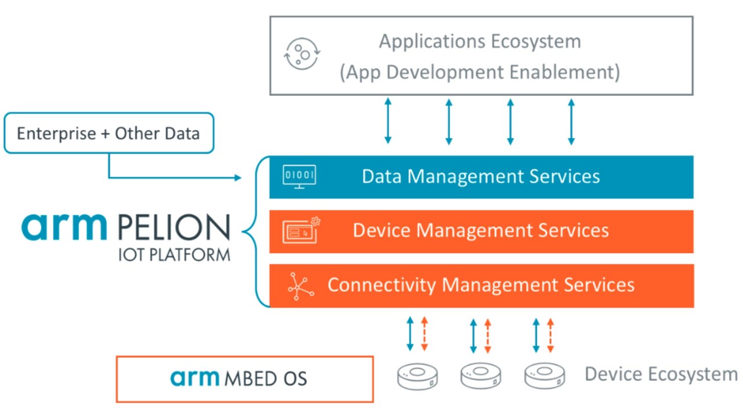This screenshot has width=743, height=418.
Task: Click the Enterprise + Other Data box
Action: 109,133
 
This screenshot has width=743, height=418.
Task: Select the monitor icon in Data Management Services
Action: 299,176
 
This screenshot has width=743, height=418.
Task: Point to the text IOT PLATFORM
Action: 174,255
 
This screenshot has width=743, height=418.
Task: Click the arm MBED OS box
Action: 244,379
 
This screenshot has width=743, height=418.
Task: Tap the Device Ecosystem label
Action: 661,374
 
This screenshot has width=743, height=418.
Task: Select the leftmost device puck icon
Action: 417,376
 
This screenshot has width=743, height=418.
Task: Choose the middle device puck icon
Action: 480,376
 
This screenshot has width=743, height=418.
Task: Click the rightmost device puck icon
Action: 544,376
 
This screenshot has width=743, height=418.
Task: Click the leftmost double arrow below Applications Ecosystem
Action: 388,121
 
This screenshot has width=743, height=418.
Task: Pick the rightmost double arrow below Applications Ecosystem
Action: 571,121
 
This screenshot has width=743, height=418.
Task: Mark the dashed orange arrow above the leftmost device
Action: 424,334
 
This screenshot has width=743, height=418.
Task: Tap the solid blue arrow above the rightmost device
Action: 536,334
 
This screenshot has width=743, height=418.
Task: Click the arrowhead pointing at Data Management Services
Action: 237,178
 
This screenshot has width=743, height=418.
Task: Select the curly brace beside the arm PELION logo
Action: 250,232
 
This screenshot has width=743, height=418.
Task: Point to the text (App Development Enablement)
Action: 479,73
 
